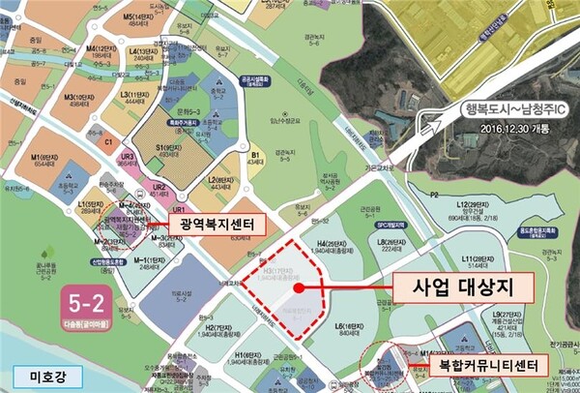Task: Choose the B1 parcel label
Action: tap(256, 154)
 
